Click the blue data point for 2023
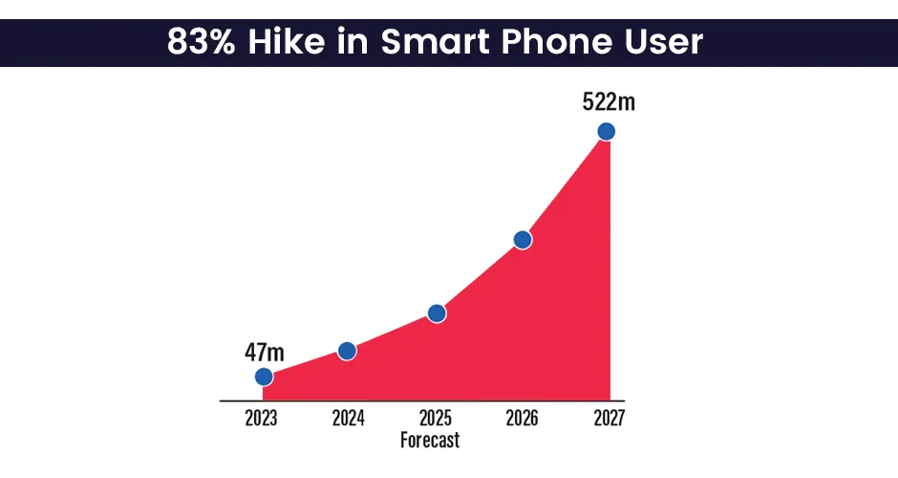tap(263, 378)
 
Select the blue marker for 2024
tap(347, 351)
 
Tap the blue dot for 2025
tap(437, 314)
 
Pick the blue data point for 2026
tap(522, 240)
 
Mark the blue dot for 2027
tap(606, 131)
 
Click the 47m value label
tap(265, 351)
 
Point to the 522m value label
tap(609, 102)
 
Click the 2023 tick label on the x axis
tap(263, 419)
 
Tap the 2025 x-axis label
tap(436, 419)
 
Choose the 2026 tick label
tap(522, 419)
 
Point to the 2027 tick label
tap(608, 419)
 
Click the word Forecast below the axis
tap(430, 441)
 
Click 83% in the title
tap(200, 42)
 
